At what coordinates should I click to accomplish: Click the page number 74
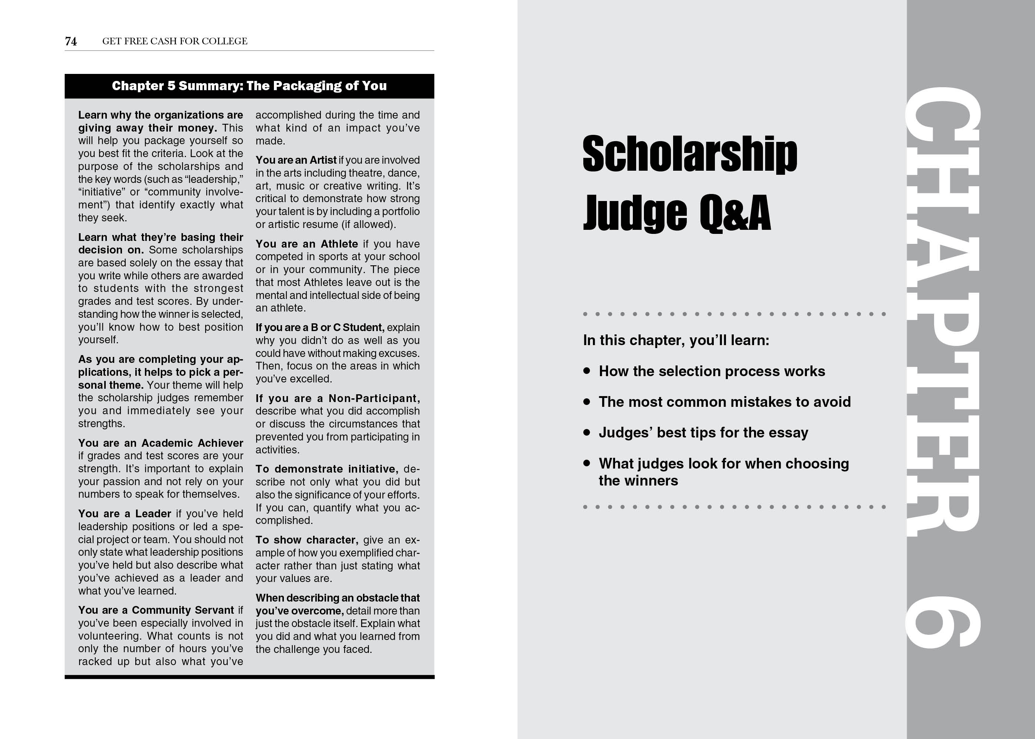click(x=71, y=41)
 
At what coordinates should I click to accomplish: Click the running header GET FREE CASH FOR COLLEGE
click(x=175, y=41)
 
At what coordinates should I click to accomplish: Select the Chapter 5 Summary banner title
click(x=249, y=86)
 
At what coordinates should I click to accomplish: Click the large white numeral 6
click(x=942, y=621)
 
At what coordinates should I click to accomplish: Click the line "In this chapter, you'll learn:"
click(x=676, y=340)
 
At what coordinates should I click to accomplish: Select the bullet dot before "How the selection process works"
click(x=587, y=371)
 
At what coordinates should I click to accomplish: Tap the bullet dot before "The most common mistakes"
click(x=587, y=401)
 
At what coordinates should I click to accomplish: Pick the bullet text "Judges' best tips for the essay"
click(x=703, y=432)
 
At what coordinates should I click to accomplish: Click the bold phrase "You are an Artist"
click(x=296, y=160)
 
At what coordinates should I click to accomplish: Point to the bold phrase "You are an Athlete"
click(x=306, y=244)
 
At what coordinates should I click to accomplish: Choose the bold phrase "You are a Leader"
click(x=124, y=514)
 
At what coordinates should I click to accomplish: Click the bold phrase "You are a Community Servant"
click(x=156, y=610)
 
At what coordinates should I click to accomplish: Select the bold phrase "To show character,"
click(x=307, y=540)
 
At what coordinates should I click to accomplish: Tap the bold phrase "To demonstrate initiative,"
click(x=327, y=469)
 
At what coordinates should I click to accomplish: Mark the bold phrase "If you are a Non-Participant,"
click(x=337, y=399)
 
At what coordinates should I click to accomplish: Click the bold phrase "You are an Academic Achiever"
click(x=160, y=443)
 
